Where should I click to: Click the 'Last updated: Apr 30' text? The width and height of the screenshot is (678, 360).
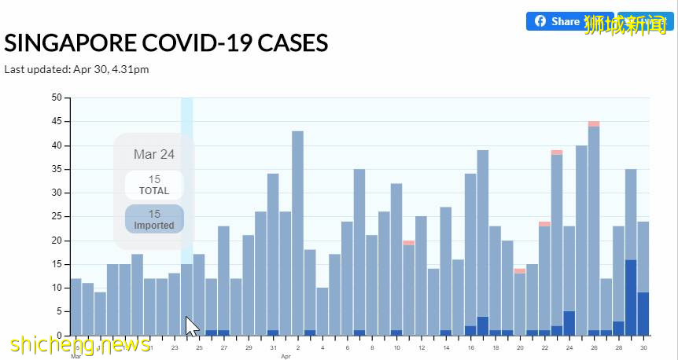coord(77,69)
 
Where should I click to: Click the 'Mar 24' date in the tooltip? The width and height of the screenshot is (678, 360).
coord(154,155)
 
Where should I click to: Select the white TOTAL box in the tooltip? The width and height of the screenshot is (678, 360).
coord(154,185)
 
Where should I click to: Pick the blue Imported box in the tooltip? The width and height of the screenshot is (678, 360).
coord(154,219)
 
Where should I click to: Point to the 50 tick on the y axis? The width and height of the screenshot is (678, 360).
coord(57,97)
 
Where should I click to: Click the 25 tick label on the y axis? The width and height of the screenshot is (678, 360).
coord(57,217)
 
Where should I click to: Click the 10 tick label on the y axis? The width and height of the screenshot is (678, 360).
coord(57,288)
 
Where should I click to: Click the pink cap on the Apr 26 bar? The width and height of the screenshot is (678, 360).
coord(594,123)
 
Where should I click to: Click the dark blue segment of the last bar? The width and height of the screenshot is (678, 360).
coord(643,314)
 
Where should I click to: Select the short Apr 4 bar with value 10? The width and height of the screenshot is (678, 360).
coord(322,311)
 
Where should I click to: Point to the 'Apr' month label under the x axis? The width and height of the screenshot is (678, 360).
coord(286,356)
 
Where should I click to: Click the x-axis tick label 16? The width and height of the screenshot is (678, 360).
coord(470,347)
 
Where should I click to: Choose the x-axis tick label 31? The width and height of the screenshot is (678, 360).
coord(273,347)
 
